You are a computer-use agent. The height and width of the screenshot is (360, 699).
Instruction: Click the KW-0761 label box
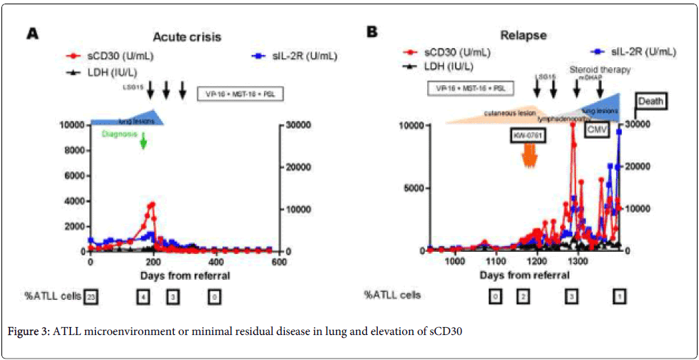coord(528,135)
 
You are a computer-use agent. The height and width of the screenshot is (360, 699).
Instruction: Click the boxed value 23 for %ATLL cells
coord(90,295)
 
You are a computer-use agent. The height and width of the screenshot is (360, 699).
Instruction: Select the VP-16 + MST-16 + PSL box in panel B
coord(470,88)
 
